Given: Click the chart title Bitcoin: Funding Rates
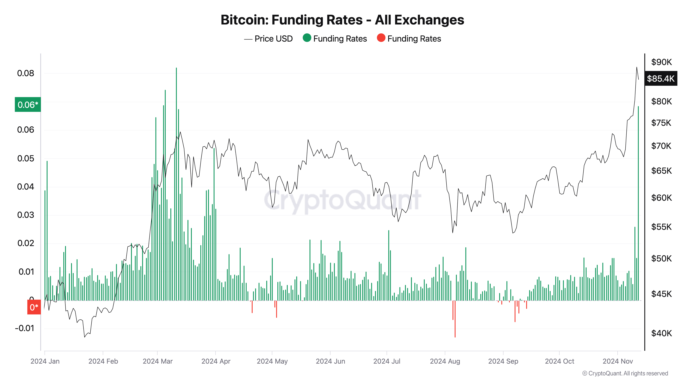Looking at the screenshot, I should tap(342, 20).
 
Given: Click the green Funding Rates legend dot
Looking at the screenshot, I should tap(307, 38).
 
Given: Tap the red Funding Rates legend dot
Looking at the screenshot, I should tap(381, 38).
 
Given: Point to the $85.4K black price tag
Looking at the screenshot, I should tap(661, 79).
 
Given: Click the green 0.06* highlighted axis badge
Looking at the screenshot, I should tap(28, 105).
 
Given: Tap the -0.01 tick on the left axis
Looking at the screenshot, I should tap(24, 328).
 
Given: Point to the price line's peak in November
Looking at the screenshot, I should tap(637, 67).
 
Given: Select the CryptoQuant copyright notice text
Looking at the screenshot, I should tap(625, 373).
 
